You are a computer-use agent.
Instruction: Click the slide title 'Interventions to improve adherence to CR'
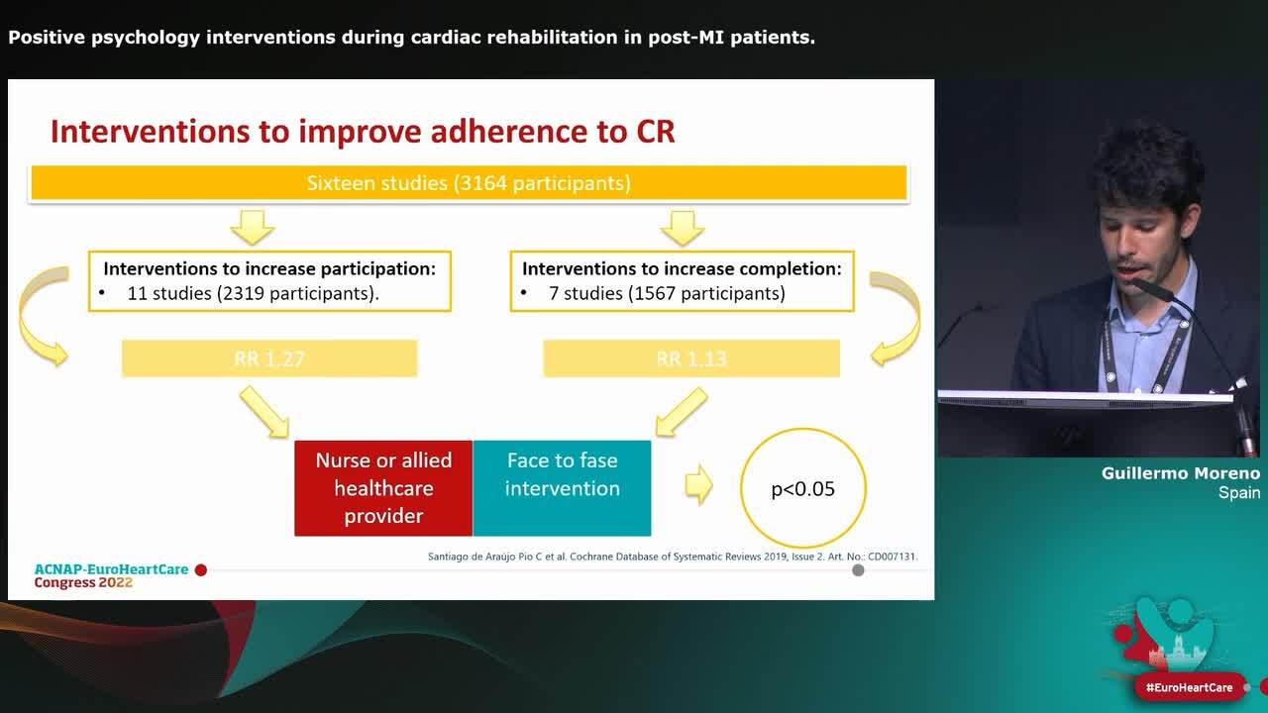363,131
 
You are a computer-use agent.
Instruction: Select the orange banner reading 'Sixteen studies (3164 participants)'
469,183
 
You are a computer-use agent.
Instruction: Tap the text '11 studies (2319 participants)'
253,293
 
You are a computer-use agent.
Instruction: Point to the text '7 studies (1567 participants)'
666,293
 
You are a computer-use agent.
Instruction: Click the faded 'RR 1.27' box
269,358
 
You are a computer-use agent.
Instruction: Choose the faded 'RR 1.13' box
691,358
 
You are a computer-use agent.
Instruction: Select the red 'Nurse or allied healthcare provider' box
383,488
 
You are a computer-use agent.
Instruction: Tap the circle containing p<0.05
802,487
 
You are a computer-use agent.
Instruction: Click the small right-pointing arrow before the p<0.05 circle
699,485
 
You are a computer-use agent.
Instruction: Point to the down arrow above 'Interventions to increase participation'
253,227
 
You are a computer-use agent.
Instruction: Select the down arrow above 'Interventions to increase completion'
682,227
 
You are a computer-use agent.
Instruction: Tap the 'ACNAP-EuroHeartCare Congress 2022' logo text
111,576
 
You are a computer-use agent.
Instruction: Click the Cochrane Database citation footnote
673,557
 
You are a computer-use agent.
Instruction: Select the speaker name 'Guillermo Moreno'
1180,473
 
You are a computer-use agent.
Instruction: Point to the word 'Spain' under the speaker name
1238,493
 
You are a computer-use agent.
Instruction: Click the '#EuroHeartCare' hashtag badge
1189,687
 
